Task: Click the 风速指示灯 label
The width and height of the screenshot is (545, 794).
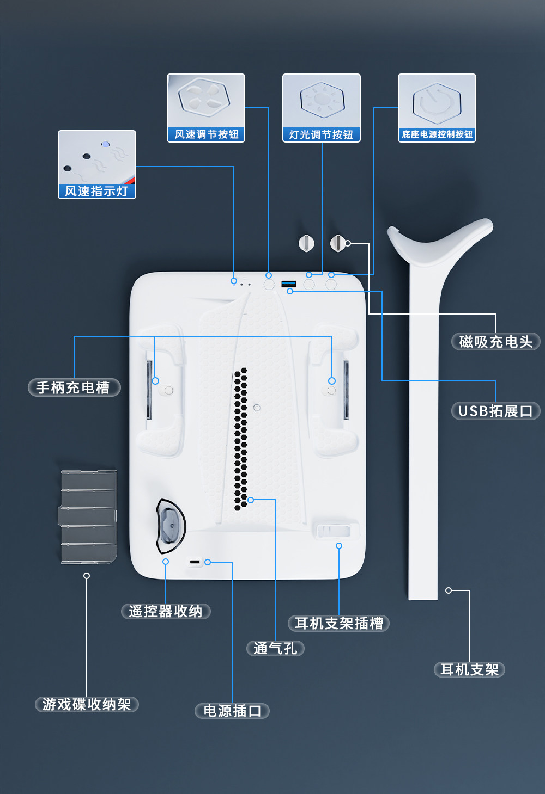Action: pos(96,191)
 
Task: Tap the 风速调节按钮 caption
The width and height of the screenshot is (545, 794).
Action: pos(206,134)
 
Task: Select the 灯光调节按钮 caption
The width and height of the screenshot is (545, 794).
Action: pos(321,134)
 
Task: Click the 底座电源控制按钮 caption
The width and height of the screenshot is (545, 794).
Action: pos(437,134)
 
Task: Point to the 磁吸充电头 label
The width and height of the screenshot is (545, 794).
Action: pos(495,342)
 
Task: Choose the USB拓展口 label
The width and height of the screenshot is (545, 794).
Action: pos(495,411)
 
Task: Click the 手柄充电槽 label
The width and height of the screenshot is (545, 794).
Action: pos(74,387)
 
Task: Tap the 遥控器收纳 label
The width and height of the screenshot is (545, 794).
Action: pos(166,611)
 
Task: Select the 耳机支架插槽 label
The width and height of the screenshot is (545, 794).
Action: pos(338,623)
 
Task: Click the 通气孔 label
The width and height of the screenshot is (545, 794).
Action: pos(275,648)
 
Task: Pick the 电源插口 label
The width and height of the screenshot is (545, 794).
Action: pos(232,711)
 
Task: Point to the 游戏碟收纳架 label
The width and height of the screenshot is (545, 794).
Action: pos(87,704)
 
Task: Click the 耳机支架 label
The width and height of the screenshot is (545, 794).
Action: pos(469,669)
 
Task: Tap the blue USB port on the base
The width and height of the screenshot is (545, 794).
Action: pos(288,284)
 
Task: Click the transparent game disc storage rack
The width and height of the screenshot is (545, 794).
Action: pos(88,516)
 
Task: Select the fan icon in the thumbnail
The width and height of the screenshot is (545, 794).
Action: pos(203,96)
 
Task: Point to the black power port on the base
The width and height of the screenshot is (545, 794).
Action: pos(195,562)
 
